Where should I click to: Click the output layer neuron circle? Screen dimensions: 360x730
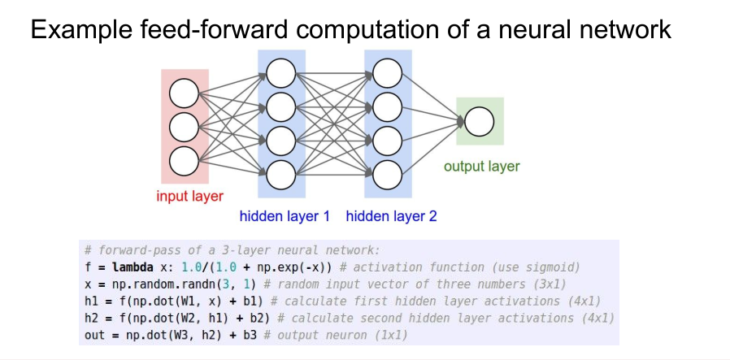pos(479,122)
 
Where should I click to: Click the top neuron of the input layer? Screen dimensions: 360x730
pos(185,95)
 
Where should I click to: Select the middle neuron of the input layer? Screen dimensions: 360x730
pos(185,126)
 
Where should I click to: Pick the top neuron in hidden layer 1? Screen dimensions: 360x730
pos(280,75)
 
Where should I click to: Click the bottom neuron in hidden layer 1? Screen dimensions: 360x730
pos(280,171)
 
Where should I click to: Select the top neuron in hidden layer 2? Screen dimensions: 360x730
pos(387,75)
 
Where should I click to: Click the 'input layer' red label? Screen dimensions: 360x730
pos(190,196)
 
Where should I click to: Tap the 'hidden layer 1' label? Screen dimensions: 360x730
pos(285,217)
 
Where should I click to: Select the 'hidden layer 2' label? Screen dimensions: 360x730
pos(391,217)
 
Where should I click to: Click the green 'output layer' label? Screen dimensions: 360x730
pos(481,167)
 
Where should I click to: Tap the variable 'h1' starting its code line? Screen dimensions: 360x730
pos(91,301)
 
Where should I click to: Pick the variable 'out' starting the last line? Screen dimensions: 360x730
pos(94,335)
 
